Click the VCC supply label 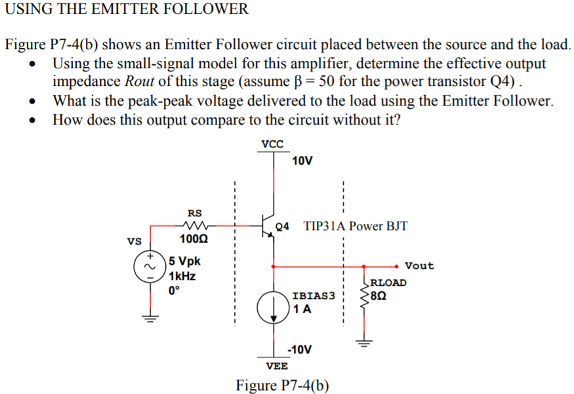[272, 144]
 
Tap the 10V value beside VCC [303, 161]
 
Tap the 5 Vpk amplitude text [185, 261]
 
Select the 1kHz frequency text [183, 276]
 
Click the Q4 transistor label [283, 227]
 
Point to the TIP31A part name [325, 227]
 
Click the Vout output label [419, 266]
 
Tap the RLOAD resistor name [388, 283]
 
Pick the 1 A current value [303, 309]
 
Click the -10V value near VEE [302, 349]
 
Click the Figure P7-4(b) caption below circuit [283, 384]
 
